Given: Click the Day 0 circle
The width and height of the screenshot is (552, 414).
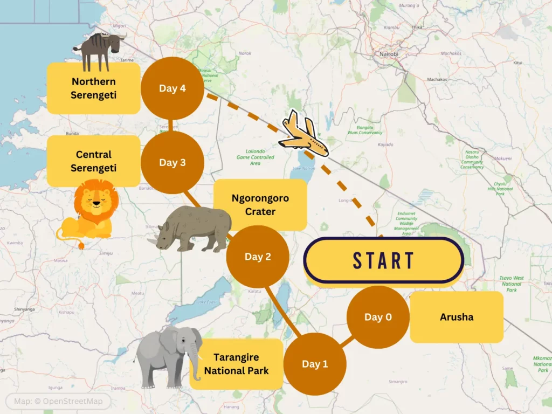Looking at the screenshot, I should coord(378,317).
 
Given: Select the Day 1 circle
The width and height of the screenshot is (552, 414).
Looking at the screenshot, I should coord(315,364).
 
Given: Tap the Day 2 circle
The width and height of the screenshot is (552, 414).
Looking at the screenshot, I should coord(258,257).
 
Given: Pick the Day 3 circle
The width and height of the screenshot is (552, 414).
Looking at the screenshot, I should coord(172,162).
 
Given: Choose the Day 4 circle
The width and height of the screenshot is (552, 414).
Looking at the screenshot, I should coord(172,88).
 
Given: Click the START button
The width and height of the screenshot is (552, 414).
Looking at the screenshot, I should coord(383,260).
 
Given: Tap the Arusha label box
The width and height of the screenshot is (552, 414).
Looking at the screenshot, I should coord(457,317).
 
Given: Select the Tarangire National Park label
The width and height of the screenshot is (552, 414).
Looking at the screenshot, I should coord(236,364).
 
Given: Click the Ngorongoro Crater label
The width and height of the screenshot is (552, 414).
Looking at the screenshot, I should coord(260,205).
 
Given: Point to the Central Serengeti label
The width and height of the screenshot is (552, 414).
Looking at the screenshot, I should coord(93,161).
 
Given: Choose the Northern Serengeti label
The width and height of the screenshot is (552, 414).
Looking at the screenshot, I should coord(93,88).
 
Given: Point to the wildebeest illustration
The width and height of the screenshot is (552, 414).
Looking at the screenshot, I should coord(99,49).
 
